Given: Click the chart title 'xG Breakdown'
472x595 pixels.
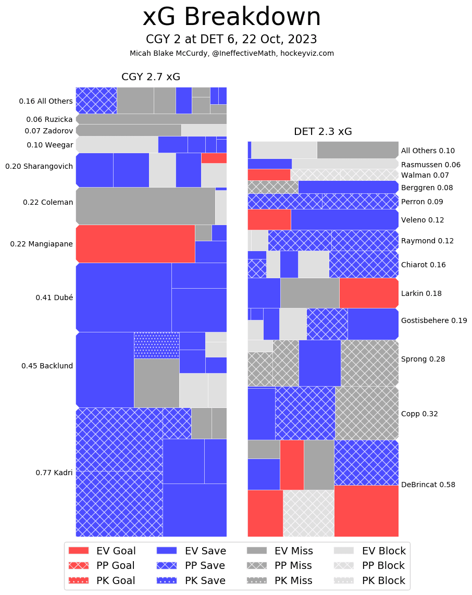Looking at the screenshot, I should pos(232,17).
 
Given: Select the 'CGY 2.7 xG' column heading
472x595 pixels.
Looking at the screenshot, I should pos(151,77).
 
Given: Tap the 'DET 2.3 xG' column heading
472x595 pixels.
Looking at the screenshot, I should pos(323,132).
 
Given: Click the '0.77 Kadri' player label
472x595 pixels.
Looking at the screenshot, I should pos(54,473).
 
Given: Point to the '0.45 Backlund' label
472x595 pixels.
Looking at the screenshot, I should pos(47,366).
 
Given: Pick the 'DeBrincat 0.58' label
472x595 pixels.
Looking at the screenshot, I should pos(428,485).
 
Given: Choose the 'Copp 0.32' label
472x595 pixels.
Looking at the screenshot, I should pos(419,414).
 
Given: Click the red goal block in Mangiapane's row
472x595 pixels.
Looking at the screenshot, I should pos(135,243).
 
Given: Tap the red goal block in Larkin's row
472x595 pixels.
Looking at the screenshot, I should pos(369,293).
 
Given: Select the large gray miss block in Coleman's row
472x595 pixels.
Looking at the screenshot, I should pos(145,206).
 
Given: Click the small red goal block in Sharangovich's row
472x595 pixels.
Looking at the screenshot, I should pos(214,158).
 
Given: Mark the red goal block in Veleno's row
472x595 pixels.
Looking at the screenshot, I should pos(269,219).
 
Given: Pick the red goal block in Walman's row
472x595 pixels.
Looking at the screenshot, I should pos(269,175).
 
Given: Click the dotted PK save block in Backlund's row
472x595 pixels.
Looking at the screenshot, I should pos(156,345).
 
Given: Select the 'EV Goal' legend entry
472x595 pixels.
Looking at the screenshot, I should pos(102,551).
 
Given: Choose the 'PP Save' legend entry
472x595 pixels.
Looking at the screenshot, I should pos(191,565).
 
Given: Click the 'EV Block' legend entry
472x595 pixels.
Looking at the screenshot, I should pos(369,551).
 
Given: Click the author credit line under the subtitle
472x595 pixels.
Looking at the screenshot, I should pos(232,53).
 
